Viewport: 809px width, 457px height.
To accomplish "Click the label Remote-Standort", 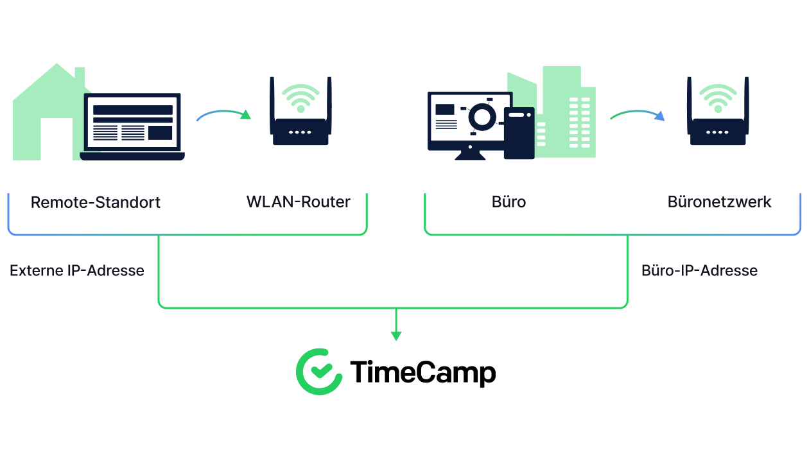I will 96,202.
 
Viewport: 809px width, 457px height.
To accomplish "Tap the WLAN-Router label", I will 299,202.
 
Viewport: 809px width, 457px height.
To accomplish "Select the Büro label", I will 509,202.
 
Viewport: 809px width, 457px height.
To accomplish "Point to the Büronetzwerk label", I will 719,202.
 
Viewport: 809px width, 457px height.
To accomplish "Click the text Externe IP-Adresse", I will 76,270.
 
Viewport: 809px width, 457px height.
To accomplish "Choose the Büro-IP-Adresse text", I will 699,270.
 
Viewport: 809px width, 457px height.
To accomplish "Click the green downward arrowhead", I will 396,336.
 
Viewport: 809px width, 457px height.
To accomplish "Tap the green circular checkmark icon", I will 319,372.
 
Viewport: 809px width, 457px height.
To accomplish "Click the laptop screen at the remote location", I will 132,122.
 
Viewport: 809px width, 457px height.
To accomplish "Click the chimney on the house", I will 80,75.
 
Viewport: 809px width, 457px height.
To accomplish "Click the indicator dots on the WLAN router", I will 300,132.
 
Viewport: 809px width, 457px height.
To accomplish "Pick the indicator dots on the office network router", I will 717,132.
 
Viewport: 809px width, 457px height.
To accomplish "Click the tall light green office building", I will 561,109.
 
